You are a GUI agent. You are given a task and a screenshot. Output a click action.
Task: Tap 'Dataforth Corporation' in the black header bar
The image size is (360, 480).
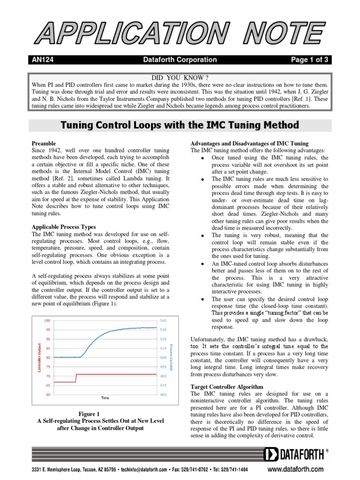click(180, 60)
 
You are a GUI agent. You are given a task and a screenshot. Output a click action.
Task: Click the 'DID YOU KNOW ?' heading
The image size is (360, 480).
click(180, 77)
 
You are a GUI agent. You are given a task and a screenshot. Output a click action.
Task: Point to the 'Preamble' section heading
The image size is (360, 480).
click(44, 143)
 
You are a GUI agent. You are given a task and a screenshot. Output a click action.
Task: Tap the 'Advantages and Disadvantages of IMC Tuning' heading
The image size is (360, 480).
click(249, 143)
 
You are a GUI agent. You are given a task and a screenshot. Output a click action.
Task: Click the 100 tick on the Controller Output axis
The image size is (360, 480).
click(47, 321)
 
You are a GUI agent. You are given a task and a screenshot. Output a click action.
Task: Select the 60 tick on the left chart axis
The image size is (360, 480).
click(48, 395)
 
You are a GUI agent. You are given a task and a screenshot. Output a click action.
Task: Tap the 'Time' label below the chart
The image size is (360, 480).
click(105, 398)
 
